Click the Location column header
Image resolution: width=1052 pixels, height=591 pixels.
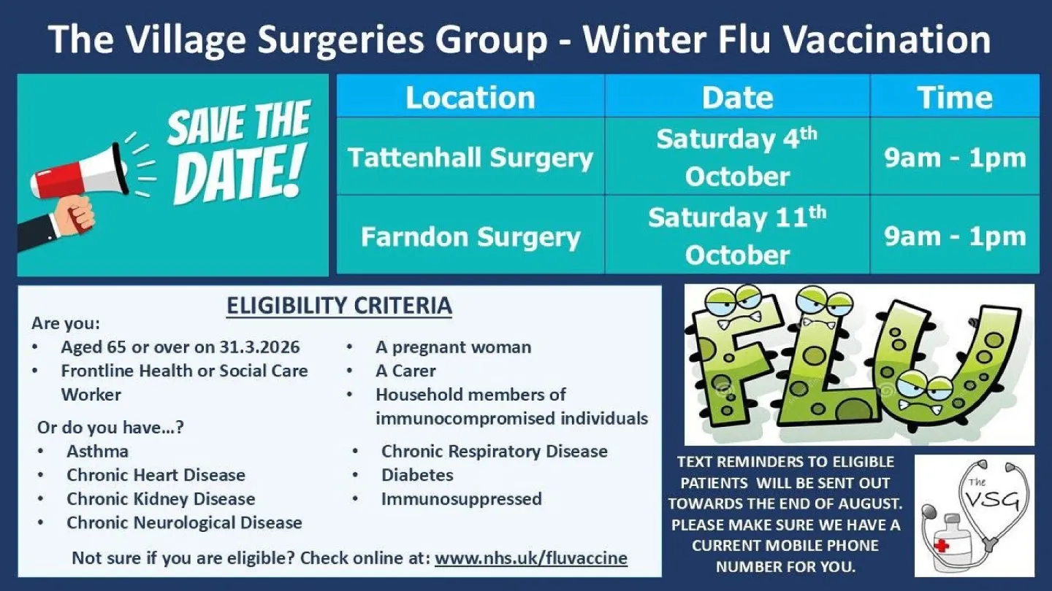(x=470, y=98)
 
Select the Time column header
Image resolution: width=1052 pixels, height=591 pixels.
(x=954, y=98)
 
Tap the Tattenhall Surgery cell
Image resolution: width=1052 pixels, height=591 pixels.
(x=470, y=158)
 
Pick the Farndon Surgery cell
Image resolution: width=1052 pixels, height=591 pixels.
(x=470, y=236)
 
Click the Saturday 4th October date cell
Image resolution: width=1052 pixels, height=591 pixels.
(x=736, y=158)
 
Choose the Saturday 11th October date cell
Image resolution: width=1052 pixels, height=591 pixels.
(x=736, y=236)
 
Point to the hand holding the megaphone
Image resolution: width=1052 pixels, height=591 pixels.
(x=77, y=216)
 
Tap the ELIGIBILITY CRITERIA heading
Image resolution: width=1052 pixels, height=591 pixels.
(x=339, y=306)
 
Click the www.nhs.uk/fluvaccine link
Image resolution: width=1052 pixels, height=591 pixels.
(x=531, y=558)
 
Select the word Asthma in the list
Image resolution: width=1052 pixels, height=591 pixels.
(x=97, y=451)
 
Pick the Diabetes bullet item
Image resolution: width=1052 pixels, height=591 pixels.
(x=417, y=475)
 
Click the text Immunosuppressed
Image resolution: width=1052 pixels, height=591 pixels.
(x=461, y=499)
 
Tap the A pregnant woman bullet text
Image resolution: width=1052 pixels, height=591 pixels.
(x=453, y=347)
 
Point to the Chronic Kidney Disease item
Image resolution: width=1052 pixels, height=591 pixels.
(x=161, y=499)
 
